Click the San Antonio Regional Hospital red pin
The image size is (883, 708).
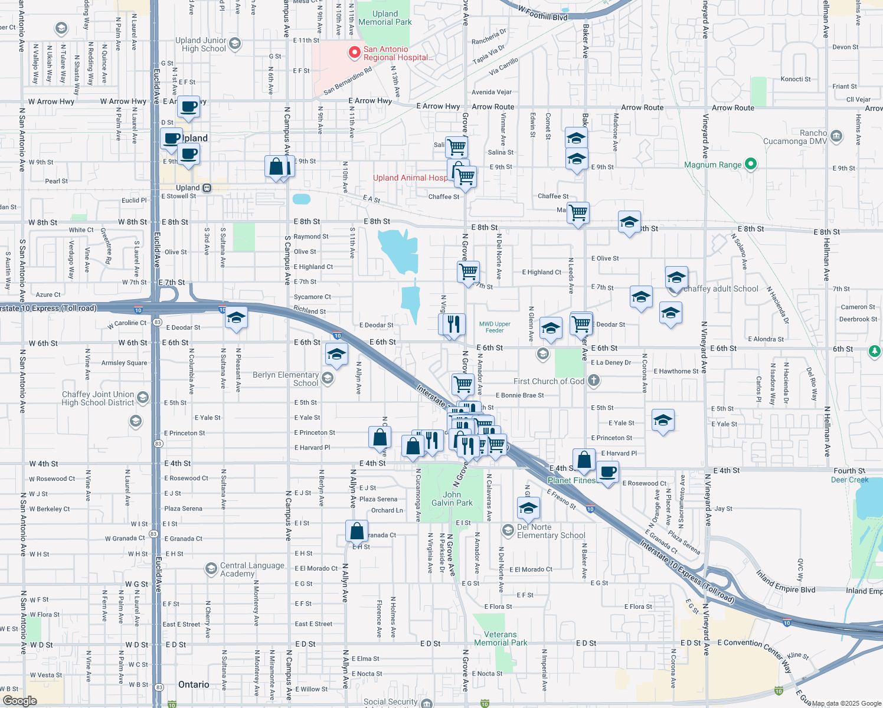(x=354, y=53)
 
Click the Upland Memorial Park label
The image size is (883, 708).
(x=385, y=18)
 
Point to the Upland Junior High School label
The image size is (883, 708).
(x=201, y=44)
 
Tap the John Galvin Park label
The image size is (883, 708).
(x=452, y=499)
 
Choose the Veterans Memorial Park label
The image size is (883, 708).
(x=500, y=638)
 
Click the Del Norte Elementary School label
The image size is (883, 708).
(x=551, y=531)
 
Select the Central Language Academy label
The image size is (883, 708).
(x=252, y=569)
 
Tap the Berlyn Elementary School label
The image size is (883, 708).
(x=286, y=379)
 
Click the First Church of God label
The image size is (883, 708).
(x=549, y=381)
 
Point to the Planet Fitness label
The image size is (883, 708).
(x=571, y=480)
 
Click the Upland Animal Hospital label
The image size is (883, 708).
(x=410, y=178)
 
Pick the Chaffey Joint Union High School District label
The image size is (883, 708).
(x=98, y=398)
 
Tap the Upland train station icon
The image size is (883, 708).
(x=207, y=188)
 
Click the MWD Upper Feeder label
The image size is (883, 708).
(x=495, y=327)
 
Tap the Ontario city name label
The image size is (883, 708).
(x=194, y=684)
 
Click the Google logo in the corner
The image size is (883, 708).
(x=19, y=700)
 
